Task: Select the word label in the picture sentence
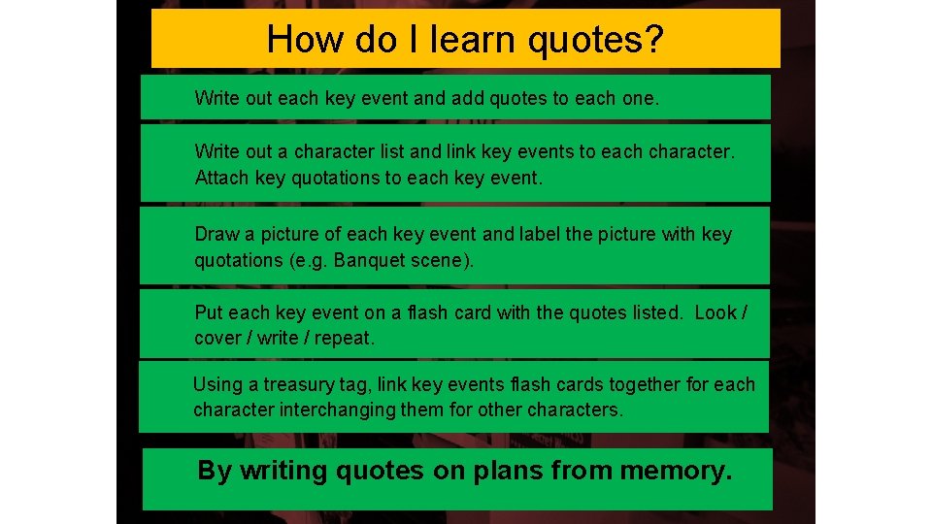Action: (x=542, y=235)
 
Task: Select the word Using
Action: (x=217, y=384)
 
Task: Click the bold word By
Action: (x=215, y=472)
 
